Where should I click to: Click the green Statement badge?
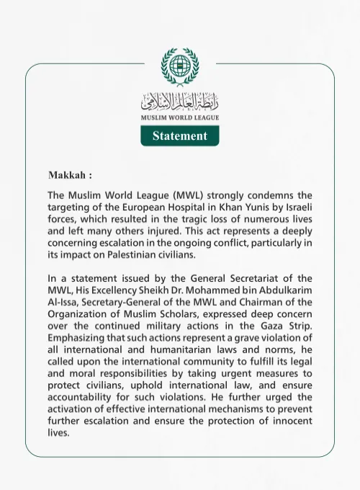pyautogui.click(x=179, y=135)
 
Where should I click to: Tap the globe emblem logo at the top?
pyautogui.click(x=179, y=66)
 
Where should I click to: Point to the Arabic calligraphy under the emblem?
pyautogui.click(x=179, y=101)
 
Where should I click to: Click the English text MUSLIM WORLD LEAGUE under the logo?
pyautogui.click(x=179, y=117)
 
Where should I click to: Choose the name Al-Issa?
pyautogui.click(x=63, y=302)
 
